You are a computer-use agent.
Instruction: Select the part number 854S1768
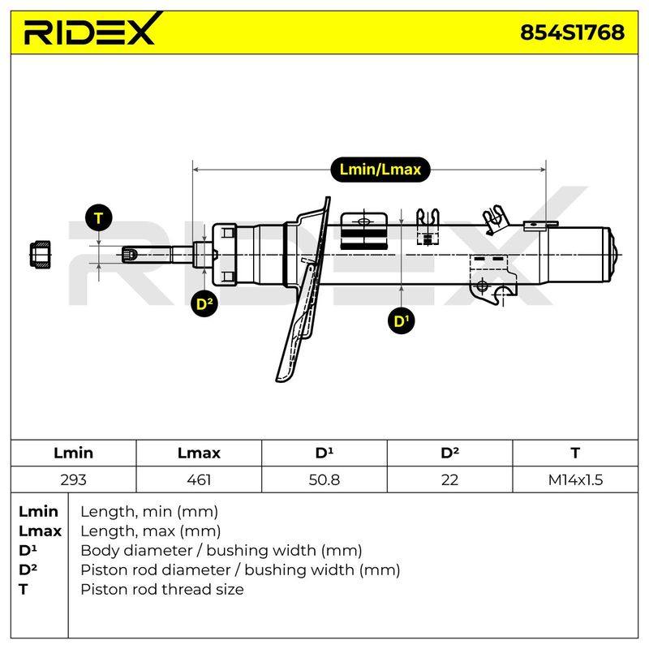tap(572, 32)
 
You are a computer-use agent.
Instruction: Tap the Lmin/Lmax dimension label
tap(380, 170)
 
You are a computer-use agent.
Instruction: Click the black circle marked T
tap(98, 217)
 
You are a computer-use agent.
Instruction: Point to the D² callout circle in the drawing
tap(204, 304)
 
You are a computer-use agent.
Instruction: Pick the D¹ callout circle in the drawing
tap(401, 321)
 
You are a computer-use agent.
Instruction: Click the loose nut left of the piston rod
tap(40, 254)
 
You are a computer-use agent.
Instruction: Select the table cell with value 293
tap(73, 479)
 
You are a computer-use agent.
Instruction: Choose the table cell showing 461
tap(199, 479)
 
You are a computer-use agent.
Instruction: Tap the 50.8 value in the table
tap(324, 479)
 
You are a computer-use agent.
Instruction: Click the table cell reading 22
tap(449, 479)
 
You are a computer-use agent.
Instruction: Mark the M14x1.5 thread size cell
tap(575, 479)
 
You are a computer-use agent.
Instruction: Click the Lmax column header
tap(199, 453)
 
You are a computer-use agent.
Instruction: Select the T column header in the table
tap(575, 453)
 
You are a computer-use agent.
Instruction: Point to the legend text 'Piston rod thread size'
tap(161, 590)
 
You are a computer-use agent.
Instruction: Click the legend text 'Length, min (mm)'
tap(149, 512)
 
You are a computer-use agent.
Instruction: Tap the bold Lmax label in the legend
tap(40, 531)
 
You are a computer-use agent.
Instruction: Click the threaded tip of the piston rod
tap(129, 254)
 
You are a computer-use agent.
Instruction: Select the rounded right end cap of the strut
tap(614, 254)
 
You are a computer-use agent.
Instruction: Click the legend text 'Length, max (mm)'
tap(150, 531)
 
